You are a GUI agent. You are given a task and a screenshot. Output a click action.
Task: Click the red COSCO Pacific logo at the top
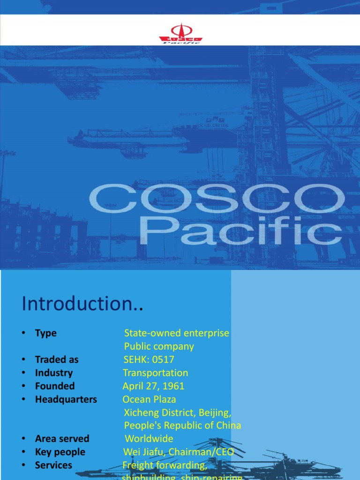(x=180, y=33)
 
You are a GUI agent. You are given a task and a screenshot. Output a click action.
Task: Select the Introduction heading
(x=82, y=304)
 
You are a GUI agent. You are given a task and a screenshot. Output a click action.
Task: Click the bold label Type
(x=46, y=333)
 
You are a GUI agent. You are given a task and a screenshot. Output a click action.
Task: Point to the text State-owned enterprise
(x=177, y=333)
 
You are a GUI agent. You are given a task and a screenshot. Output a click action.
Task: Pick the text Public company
(x=159, y=346)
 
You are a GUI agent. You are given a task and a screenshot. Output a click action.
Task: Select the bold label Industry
(x=54, y=373)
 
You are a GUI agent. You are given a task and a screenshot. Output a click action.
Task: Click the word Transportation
(x=155, y=373)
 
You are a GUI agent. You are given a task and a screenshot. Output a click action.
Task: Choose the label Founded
(x=55, y=386)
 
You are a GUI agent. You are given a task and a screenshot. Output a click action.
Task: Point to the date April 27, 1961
(x=153, y=386)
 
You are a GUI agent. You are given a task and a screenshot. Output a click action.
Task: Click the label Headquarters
(x=66, y=399)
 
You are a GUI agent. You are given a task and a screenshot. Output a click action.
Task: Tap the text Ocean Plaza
(x=149, y=399)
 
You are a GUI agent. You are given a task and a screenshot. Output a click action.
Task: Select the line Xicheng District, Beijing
(x=178, y=412)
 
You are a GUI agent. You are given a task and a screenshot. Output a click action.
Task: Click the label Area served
(x=62, y=439)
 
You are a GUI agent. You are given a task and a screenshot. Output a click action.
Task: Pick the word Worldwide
(x=149, y=439)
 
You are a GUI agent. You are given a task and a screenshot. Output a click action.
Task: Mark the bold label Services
(x=53, y=465)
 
